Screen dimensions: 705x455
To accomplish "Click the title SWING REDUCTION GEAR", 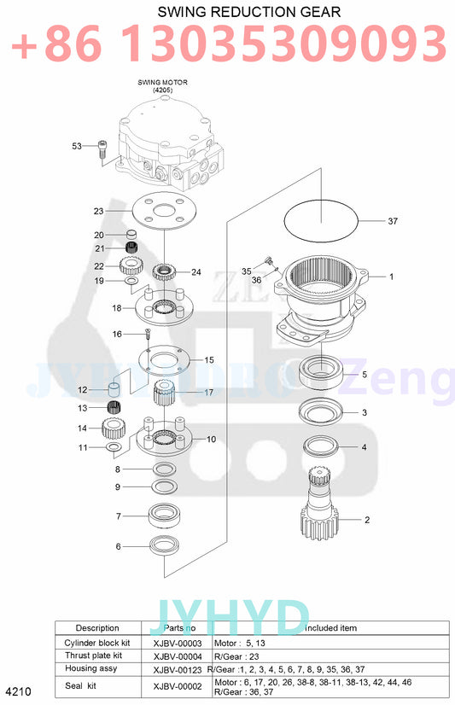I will click(x=236, y=12).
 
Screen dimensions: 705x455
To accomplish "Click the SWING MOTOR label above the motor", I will click(x=162, y=85).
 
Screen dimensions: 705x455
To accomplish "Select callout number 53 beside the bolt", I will click(x=76, y=147).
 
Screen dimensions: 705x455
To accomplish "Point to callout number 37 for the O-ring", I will click(x=393, y=221).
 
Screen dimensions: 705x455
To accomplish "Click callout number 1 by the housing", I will click(x=391, y=277).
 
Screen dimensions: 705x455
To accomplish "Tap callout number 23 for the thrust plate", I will click(x=98, y=210).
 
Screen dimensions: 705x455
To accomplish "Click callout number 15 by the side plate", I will click(x=209, y=359).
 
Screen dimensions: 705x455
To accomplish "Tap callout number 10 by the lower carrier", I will click(x=211, y=440).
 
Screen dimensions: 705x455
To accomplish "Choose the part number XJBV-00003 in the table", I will click(x=177, y=643).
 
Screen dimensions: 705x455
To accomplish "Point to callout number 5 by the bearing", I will click(x=365, y=374).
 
